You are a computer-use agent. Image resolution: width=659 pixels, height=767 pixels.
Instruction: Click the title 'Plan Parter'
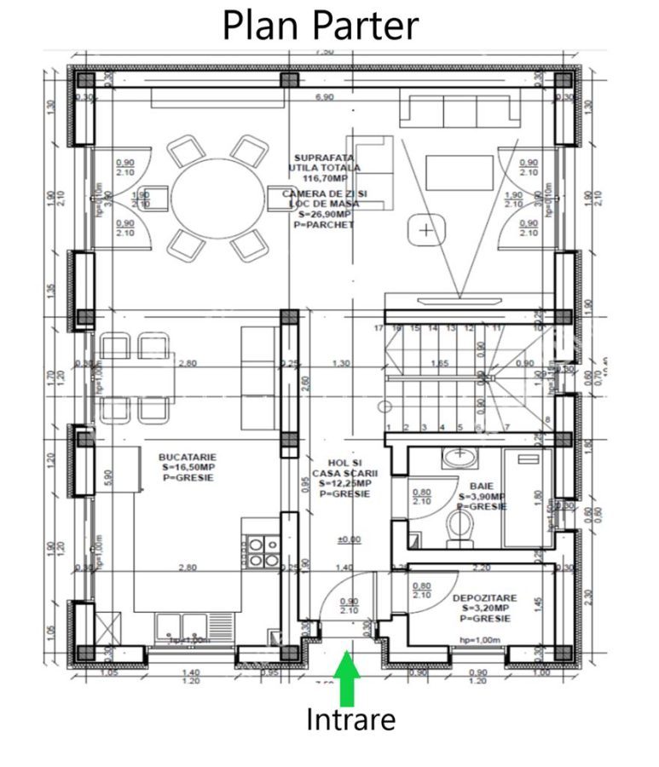coord(321,25)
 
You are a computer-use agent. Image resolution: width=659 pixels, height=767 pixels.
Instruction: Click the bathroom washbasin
coord(461,458)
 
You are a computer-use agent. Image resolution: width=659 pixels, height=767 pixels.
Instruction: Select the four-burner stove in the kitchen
coord(261,551)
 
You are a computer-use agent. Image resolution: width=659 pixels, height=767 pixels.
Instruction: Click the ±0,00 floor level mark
coord(349,539)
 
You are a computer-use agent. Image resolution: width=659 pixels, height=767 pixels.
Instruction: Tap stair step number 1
coord(389,427)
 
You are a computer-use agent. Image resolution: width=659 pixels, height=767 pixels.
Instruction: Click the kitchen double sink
coord(182,626)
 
